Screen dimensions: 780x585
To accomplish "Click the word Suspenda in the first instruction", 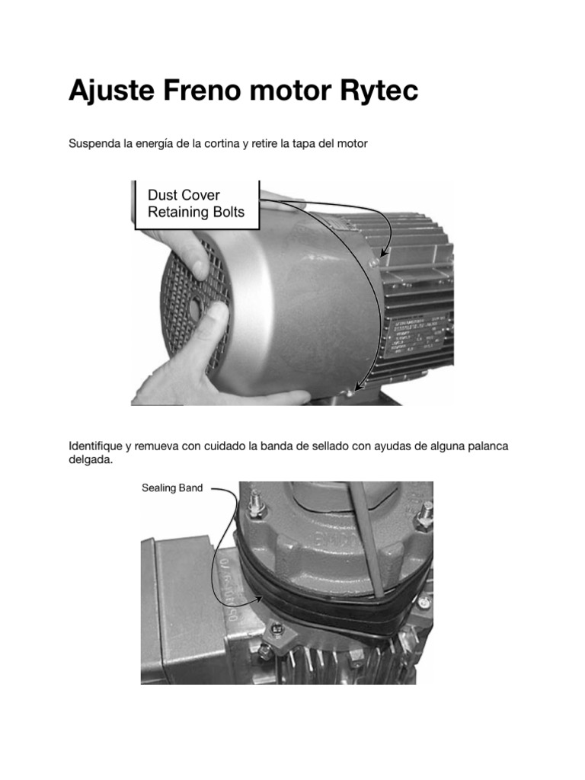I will (x=93, y=143).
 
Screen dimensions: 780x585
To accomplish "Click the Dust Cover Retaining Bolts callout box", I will (x=197, y=203).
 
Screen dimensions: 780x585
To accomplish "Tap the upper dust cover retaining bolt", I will (x=372, y=261).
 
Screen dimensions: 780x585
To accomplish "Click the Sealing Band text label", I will (x=172, y=487).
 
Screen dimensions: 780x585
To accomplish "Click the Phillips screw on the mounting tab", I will (x=276, y=629).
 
